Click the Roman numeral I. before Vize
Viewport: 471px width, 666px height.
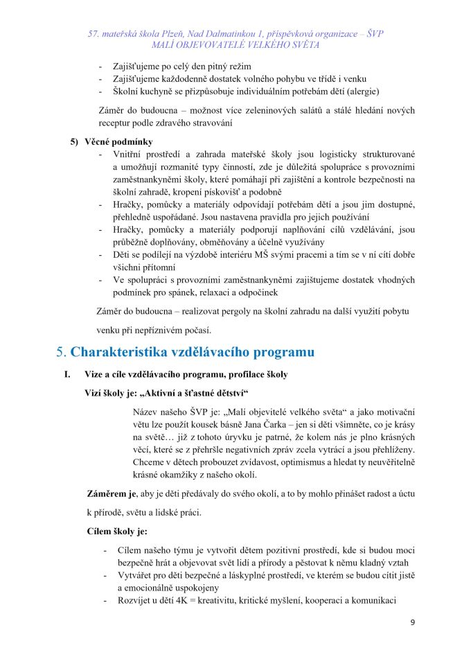point(66,375)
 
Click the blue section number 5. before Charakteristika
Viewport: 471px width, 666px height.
point(61,352)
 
